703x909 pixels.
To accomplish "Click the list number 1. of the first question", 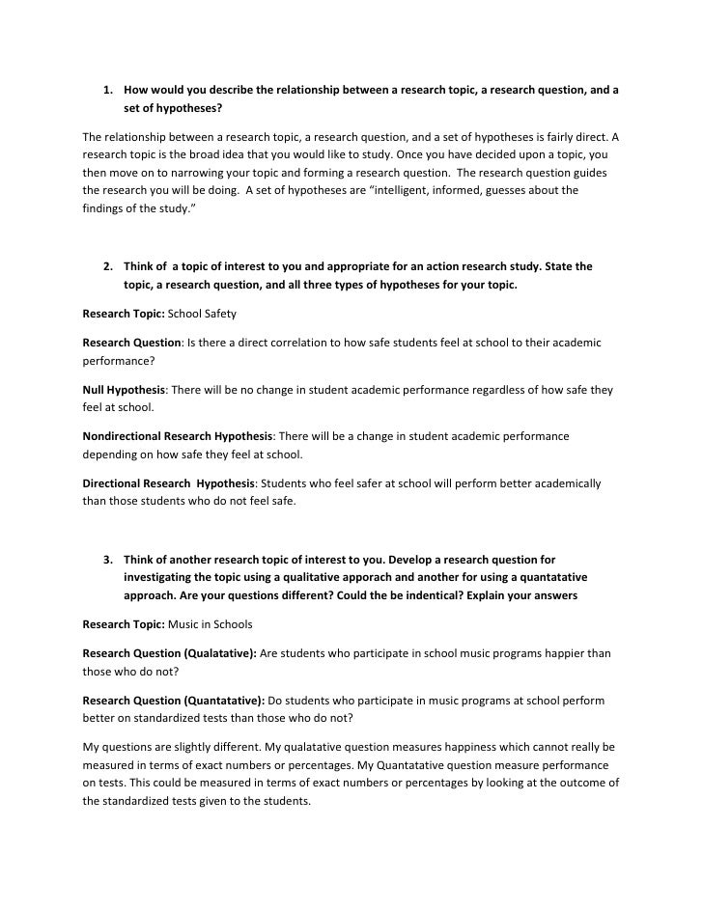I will point(108,91).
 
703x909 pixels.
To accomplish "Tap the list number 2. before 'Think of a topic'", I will point(108,265).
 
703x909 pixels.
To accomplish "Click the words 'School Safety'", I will point(203,314).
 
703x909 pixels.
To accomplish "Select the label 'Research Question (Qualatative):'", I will point(169,653).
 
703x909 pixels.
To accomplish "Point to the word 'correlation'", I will point(285,343).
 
